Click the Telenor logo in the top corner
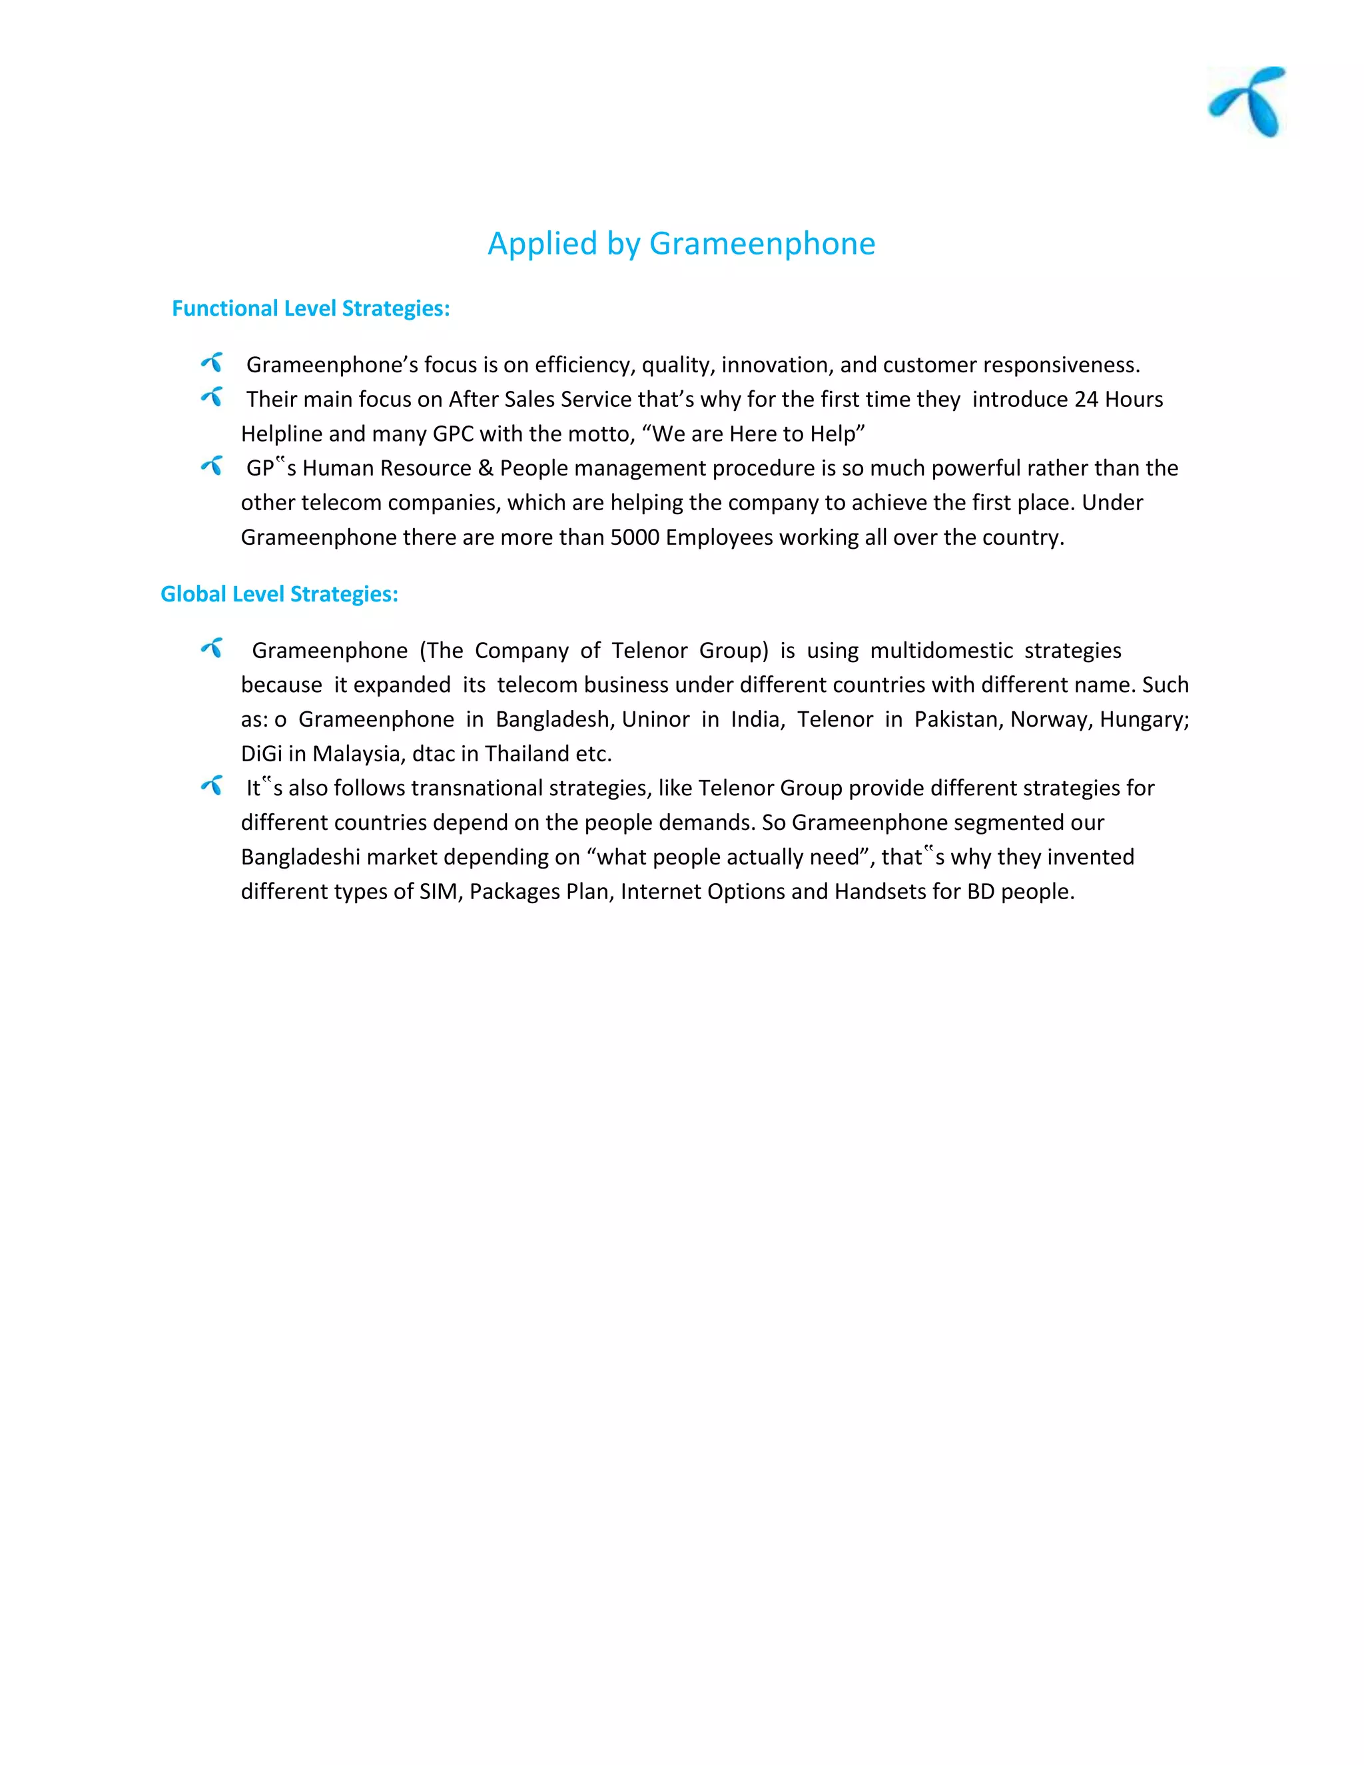tap(1247, 101)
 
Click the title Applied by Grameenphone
tap(681, 243)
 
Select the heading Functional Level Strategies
tap(310, 309)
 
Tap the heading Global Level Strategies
tap(279, 594)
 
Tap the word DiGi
tap(261, 754)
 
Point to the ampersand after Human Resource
tap(485, 469)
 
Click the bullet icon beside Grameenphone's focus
tap(212, 363)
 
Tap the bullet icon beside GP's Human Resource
tap(212, 466)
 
